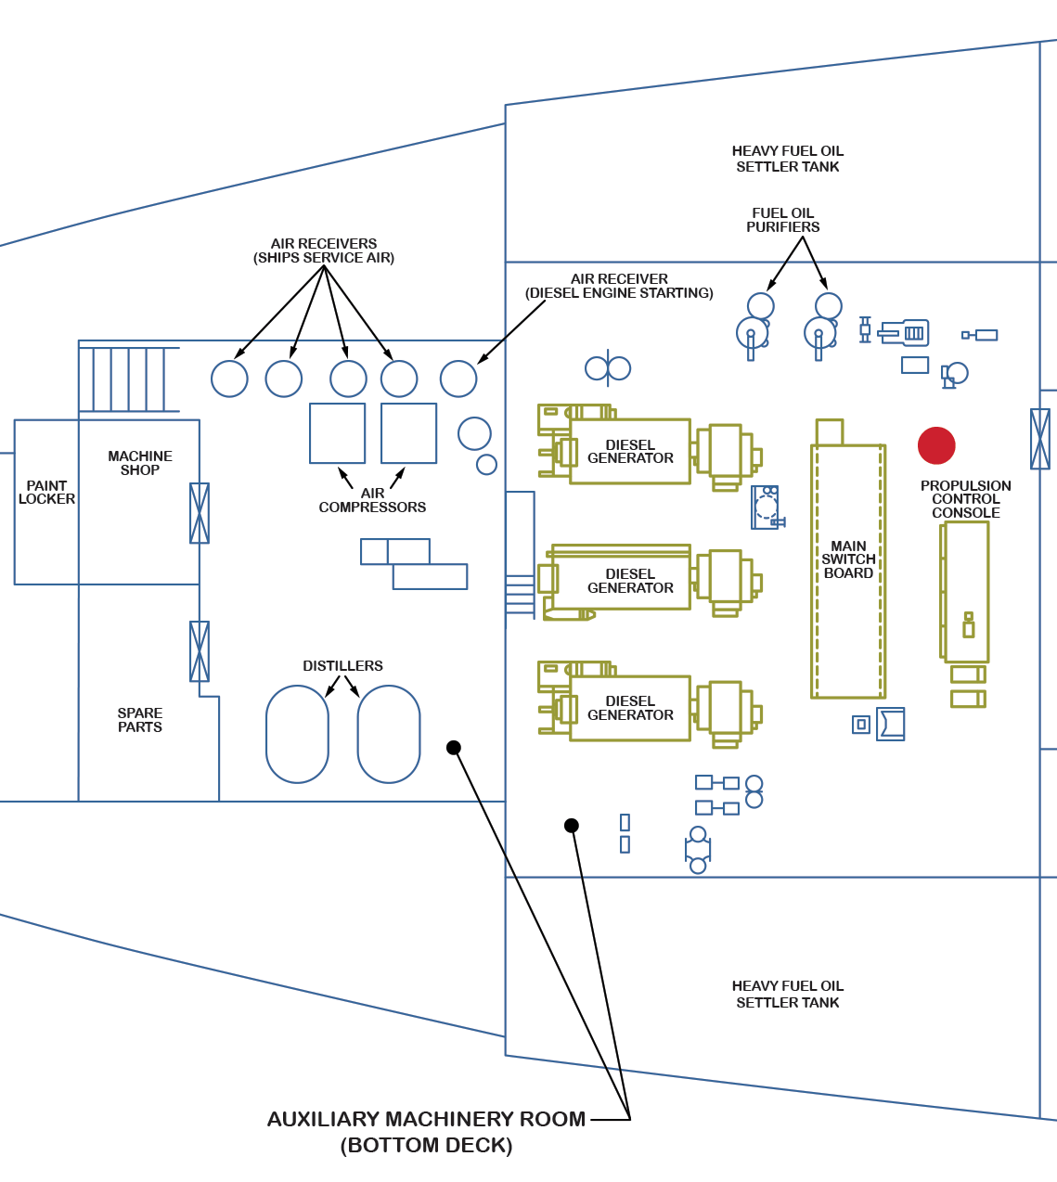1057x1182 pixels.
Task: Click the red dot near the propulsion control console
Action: (x=936, y=445)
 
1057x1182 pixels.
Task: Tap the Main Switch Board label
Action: (x=848, y=559)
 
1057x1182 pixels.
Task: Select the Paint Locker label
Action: (x=46, y=492)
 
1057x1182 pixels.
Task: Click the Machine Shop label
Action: (x=140, y=463)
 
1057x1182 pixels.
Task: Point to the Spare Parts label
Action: (x=140, y=720)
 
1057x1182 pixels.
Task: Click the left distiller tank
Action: (x=297, y=734)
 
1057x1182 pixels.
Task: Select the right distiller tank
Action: (x=389, y=734)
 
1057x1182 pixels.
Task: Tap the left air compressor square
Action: (x=337, y=433)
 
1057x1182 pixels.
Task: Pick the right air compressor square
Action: (x=408, y=433)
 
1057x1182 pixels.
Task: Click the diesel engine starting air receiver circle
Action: (x=458, y=379)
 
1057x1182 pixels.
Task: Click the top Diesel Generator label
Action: (x=630, y=452)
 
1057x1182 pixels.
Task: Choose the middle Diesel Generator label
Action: (x=630, y=581)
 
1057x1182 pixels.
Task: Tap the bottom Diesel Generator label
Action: (x=630, y=708)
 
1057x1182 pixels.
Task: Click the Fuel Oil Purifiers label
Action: (x=783, y=220)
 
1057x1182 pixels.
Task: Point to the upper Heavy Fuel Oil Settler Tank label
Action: (x=788, y=159)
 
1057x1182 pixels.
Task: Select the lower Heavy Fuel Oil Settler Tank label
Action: (x=788, y=994)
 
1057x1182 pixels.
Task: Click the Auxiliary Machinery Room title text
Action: (x=426, y=1120)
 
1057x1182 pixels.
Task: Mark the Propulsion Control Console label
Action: (x=966, y=499)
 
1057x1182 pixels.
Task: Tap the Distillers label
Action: (x=342, y=666)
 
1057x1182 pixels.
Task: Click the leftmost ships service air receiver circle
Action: (x=229, y=379)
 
